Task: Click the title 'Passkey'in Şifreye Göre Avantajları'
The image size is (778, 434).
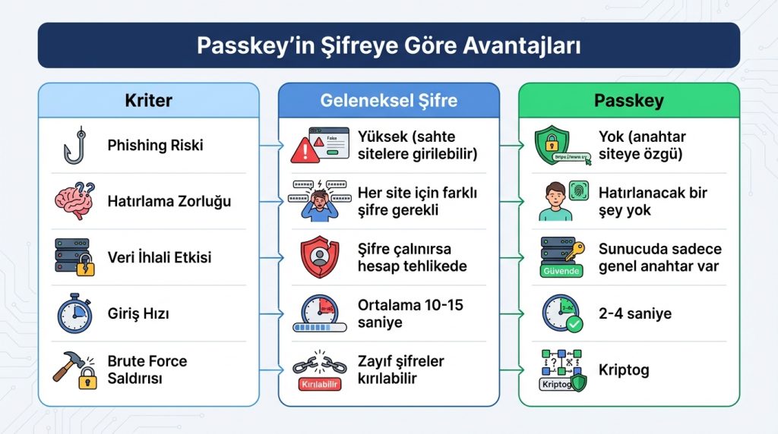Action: click(388, 46)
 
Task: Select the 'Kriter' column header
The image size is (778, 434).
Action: click(148, 100)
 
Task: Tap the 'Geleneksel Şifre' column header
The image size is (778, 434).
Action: click(388, 100)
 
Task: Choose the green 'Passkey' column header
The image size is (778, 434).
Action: click(628, 100)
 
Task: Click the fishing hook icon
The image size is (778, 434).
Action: click(73, 146)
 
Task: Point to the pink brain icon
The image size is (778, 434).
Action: click(74, 201)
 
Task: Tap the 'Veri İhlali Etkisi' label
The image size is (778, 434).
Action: click(160, 257)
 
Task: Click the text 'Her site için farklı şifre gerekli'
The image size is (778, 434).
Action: click(417, 202)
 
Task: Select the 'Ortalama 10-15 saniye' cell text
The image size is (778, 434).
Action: click(410, 313)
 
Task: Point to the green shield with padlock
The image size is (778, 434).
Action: click(552, 146)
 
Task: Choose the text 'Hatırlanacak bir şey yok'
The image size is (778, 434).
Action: click(653, 202)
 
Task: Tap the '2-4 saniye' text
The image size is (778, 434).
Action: click(634, 313)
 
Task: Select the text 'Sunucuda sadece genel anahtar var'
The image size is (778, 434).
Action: click(659, 257)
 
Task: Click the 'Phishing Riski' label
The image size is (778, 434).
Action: click(155, 145)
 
